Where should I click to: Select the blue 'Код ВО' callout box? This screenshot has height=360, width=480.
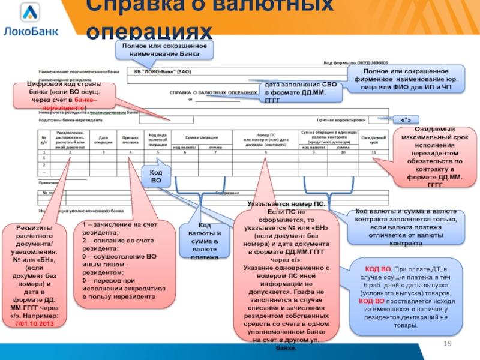point(155,176)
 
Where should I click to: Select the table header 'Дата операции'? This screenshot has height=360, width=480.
point(103,139)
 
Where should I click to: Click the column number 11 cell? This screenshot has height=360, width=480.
point(373,152)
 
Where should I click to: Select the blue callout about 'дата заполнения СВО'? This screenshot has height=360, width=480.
point(303,93)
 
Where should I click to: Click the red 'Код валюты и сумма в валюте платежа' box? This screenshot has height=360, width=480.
point(205,241)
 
